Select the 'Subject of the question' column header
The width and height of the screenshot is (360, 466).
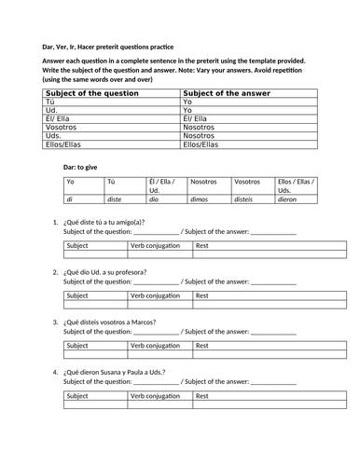pos(87,93)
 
